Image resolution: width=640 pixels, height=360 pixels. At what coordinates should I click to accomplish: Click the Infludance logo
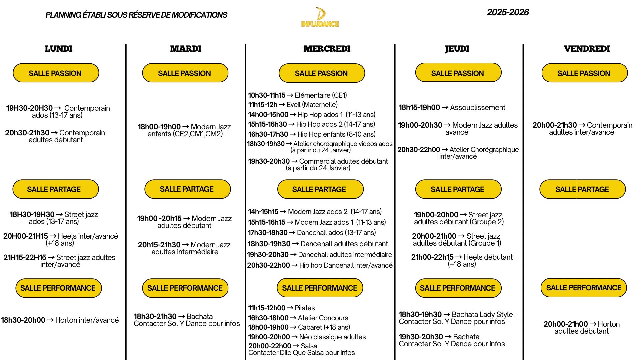[320, 17]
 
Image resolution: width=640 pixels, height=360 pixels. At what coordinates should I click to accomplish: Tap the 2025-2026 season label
[508, 13]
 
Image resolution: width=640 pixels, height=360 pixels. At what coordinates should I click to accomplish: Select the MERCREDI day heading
[327, 49]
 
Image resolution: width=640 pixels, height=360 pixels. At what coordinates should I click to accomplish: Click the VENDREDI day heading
[587, 49]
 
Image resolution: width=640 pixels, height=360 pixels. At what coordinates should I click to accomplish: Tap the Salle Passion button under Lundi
[56, 73]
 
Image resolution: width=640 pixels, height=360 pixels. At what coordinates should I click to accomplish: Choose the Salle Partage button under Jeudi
[458, 189]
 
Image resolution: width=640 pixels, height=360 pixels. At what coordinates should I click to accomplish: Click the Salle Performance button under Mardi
[185, 288]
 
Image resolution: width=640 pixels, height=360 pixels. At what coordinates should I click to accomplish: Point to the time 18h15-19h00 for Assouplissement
[419, 108]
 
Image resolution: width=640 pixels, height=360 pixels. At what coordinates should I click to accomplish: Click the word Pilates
[305, 308]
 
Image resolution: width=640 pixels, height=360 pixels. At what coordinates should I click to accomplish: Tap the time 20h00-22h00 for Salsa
[269, 346]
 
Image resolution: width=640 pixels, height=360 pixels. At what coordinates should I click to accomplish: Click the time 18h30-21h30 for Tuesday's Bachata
[155, 316]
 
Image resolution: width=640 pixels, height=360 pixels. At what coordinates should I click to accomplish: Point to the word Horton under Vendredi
[609, 324]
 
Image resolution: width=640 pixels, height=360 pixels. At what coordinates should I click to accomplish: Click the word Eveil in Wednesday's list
[294, 105]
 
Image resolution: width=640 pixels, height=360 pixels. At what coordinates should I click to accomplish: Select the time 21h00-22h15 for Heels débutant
[432, 257]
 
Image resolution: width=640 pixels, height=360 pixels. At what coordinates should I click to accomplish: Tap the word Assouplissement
[477, 108]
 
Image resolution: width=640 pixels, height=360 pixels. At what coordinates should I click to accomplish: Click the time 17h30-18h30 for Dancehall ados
[267, 233]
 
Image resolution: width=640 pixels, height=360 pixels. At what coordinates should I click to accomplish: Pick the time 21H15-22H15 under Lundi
[25, 257]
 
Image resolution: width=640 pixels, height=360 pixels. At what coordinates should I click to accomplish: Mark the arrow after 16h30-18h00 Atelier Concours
[293, 318]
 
